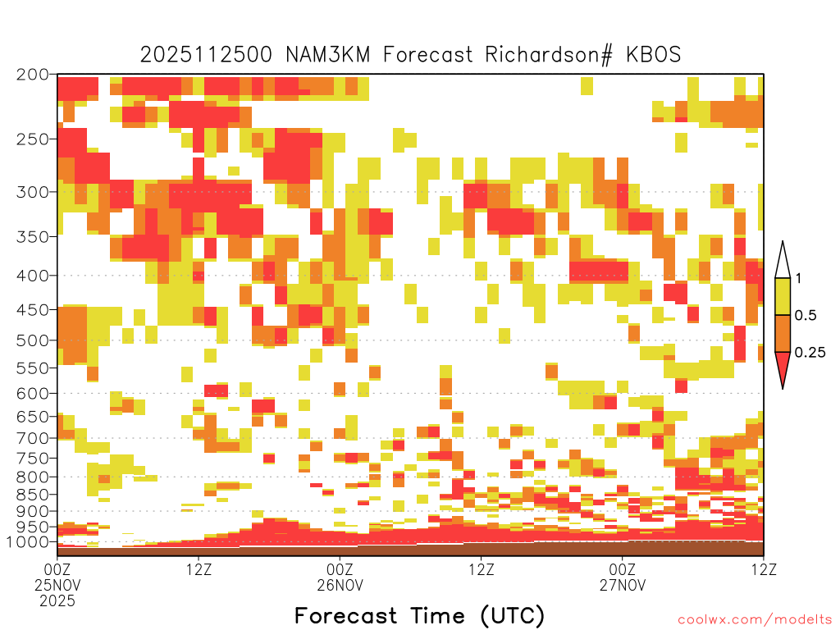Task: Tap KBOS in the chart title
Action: pos(654,55)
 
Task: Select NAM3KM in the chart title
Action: pos(328,55)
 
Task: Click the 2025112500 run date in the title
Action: pos(206,55)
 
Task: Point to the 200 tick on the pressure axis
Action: pos(33,75)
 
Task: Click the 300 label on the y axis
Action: pos(33,192)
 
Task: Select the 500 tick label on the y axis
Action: pos(33,340)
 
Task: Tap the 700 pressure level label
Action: pos(33,438)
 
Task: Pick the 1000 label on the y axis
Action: pos(29,542)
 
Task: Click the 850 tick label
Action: pos(33,495)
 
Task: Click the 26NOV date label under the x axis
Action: pos(340,585)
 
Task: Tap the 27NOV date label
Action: pos(623,585)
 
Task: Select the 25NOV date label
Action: pos(57,585)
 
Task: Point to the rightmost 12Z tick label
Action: pos(764,569)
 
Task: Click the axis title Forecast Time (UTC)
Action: pos(419,616)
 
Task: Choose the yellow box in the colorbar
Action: pos(783,296)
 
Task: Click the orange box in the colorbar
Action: pos(783,333)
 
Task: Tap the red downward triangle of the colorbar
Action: pos(783,367)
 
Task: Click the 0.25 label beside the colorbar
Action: pos(810,352)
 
